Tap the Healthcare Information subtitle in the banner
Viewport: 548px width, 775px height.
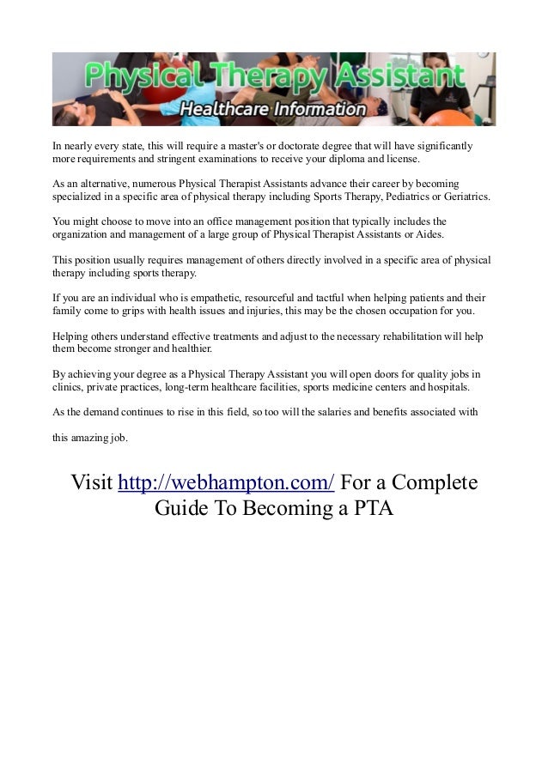(x=273, y=109)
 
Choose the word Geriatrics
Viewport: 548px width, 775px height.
(x=464, y=197)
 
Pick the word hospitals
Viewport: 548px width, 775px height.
(x=447, y=387)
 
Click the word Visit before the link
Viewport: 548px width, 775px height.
(x=92, y=483)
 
